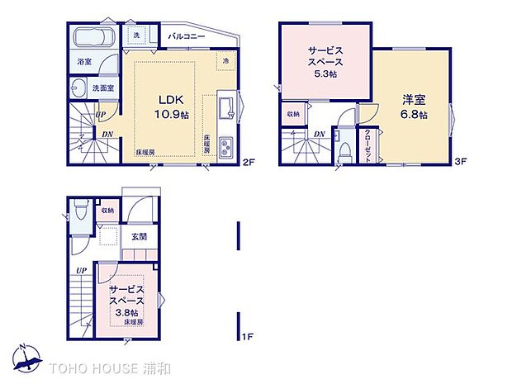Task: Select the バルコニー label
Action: point(187,37)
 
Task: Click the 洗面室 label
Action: point(102,87)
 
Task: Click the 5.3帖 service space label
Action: point(325,62)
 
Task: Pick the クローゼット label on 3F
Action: point(367,147)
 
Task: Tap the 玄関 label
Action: point(138,237)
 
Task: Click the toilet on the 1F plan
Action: point(79,211)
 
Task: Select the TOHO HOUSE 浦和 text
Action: point(99,366)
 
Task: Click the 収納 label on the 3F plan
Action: point(294,113)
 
